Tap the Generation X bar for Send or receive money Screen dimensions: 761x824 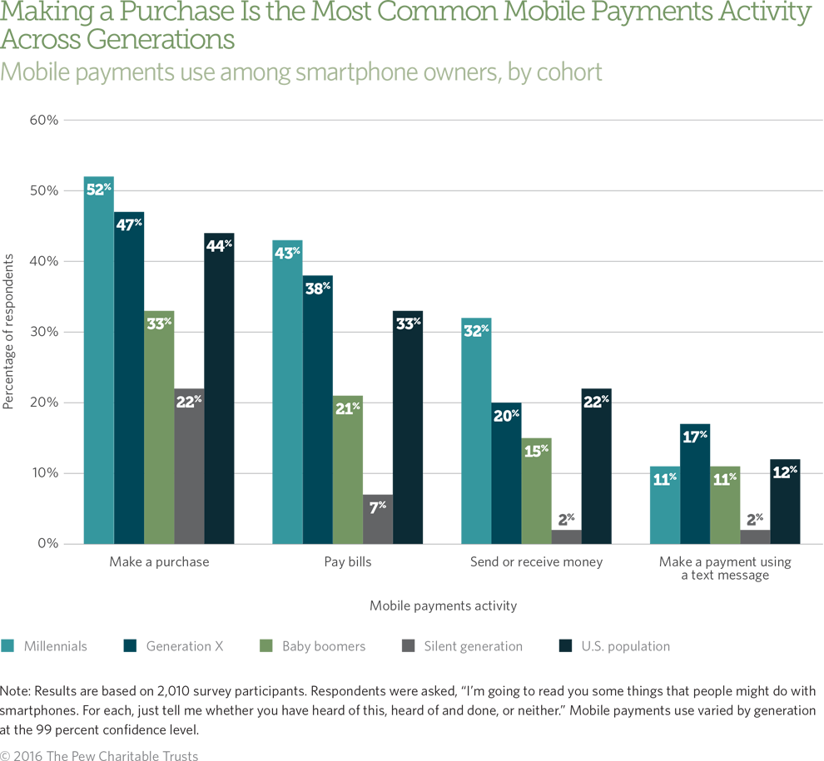506,474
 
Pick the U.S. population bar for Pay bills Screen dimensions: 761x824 407,432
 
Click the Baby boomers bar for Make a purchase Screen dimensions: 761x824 159,432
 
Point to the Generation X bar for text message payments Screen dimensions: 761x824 694,487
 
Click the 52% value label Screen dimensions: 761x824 98,189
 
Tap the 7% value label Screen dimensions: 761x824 377,507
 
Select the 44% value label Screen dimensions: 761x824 219,245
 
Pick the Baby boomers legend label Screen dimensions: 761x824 323,646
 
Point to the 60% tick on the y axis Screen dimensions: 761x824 43,120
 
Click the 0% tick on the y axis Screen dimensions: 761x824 47,544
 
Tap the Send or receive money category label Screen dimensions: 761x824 536,562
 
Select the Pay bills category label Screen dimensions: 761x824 348,562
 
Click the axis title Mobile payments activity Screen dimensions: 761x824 443,606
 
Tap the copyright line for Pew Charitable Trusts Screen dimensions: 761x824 100,755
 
